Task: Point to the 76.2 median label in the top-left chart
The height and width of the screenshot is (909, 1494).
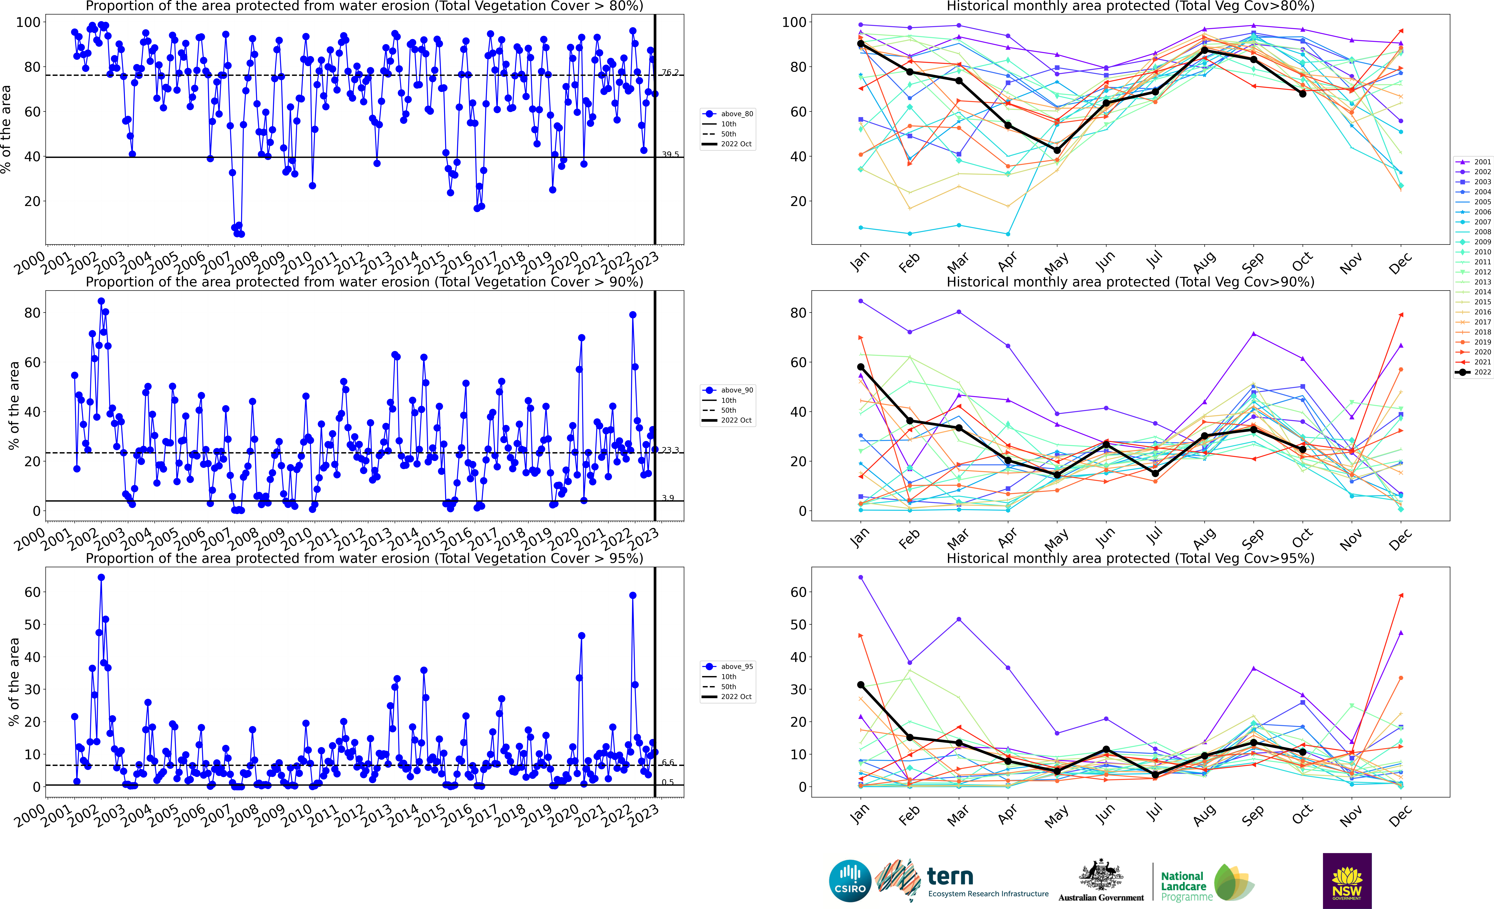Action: coord(670,73)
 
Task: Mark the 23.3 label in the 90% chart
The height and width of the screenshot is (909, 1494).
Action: coord(670,450)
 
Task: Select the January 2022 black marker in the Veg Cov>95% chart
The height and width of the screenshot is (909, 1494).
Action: coord(861,685)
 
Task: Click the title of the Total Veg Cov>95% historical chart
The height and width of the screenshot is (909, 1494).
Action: coord(1130,558)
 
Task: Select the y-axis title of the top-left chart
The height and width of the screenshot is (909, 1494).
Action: coord(6,129)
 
